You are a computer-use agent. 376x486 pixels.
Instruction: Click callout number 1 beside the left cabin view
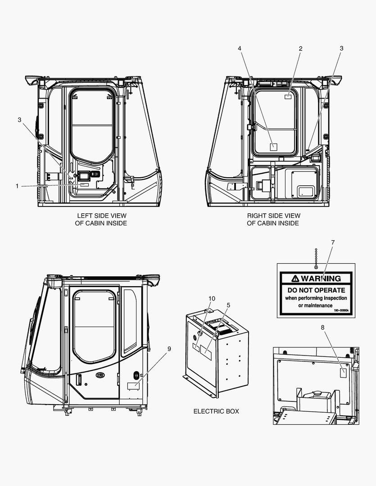pyautogui.click(x=17, y=186)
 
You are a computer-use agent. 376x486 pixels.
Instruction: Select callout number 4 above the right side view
pyautogui.click(x=240, y=48)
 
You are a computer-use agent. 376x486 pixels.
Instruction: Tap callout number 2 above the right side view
pyautogui.click(x=300, y=48)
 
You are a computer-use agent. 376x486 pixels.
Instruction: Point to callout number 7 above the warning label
pyautogui.click(x=332, y=243)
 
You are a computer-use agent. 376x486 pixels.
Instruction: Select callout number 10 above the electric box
pyautogui.click(x=212, y=298)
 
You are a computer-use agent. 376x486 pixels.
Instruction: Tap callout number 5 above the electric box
pyautogui.click(x=228, y=305)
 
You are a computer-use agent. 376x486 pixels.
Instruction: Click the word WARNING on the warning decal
pyautogui.click(x=321, y=278)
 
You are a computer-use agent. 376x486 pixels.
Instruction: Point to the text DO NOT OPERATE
pyautogui.click(x=316, y=290)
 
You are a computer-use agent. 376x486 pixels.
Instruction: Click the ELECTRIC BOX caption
pyautogui.click(x=216, y=411)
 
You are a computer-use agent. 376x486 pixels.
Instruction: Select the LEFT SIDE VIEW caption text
pyautogui.click(x=101, y=216)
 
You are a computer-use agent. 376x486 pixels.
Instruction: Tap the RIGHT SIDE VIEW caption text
pyautogui.click(x=273, y=216)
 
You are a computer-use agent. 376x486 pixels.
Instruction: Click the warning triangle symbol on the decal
pyautogui.click(x=295, y=278)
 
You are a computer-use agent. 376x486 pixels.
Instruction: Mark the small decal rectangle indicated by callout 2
pyautogui.click(x=288, y=96)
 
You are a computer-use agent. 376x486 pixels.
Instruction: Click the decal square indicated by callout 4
pyautogui.click(x=273, y=146)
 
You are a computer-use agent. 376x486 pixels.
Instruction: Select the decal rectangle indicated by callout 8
pyautogui.click(x=343, y=372)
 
